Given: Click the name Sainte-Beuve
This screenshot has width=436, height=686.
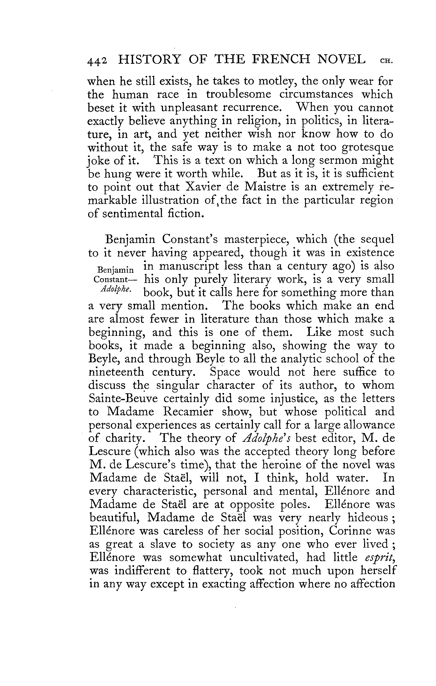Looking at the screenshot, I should (123, 399).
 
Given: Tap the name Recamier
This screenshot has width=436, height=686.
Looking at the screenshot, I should (188, 412).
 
